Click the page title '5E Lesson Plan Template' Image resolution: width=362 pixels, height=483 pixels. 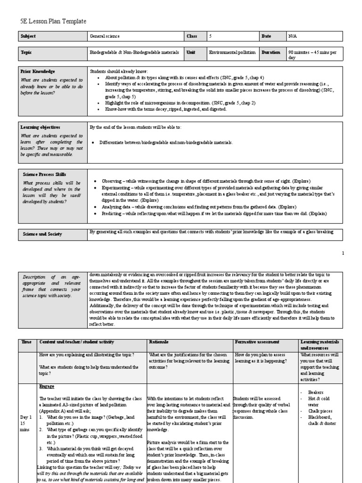[53, 22]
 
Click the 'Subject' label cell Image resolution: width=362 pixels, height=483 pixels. [28, 36]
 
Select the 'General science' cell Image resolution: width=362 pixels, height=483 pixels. [105, 36]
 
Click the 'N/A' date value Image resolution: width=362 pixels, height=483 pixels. [293, 36]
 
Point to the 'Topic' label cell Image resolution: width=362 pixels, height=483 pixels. [26, 52]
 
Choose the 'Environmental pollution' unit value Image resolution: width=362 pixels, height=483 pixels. [232, 52]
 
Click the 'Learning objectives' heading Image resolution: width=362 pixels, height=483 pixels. [40, 127]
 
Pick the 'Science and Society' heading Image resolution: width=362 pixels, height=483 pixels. [41, 233]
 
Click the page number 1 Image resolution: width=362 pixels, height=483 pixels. [343, 253]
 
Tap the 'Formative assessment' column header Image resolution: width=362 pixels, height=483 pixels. [256, 341]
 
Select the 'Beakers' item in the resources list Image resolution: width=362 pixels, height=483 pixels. [316, 392]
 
